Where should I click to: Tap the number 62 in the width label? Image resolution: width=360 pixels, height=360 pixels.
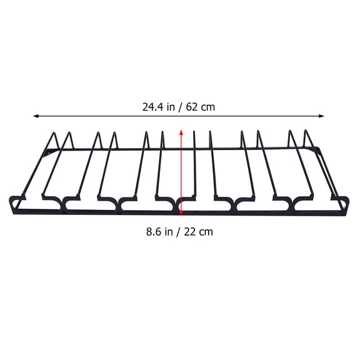[x=192, y=107]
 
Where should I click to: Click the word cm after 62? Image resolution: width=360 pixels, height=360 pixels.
[x=207, y=108]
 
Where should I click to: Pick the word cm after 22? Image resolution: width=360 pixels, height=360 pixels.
[x=206, y=232]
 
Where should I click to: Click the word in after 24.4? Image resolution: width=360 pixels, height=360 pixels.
[x=171, y=107]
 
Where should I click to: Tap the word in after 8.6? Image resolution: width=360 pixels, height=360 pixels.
[x=169, y=232]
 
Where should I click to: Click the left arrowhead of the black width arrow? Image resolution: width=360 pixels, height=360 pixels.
[x=36, y=116]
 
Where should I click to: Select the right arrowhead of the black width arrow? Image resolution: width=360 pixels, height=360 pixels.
[x=321, y=116]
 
